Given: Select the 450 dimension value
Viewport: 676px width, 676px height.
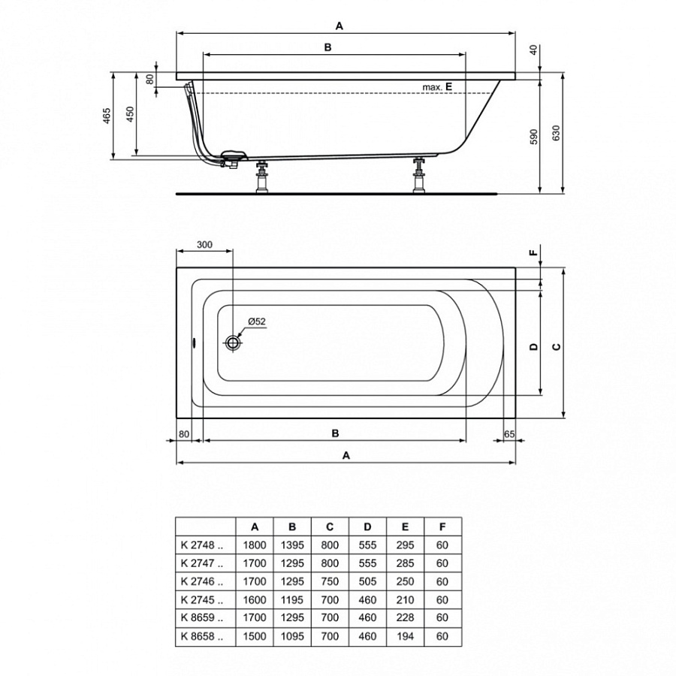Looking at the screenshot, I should [130, 115].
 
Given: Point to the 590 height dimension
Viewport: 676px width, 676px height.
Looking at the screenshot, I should [534, 136].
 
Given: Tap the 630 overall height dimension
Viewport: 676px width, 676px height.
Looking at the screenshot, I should [557, 134].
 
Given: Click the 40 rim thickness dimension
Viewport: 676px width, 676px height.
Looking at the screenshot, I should [533, 50].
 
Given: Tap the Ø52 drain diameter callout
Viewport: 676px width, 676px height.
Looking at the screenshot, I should [256, 321].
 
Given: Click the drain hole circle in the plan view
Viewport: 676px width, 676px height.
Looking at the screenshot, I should [233, 343].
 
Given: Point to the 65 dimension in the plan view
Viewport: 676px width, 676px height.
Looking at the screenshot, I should [509, 433].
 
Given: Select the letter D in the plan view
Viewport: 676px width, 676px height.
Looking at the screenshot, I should [533, 346].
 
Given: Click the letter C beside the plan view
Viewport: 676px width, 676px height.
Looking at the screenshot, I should [556, 346].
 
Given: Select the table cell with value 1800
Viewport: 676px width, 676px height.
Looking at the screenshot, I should [255, 545].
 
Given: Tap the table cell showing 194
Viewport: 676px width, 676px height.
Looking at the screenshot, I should [405, 635].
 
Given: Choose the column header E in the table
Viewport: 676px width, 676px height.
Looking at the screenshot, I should [405, 527].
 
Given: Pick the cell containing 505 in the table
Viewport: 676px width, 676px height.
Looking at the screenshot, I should [367, 581].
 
